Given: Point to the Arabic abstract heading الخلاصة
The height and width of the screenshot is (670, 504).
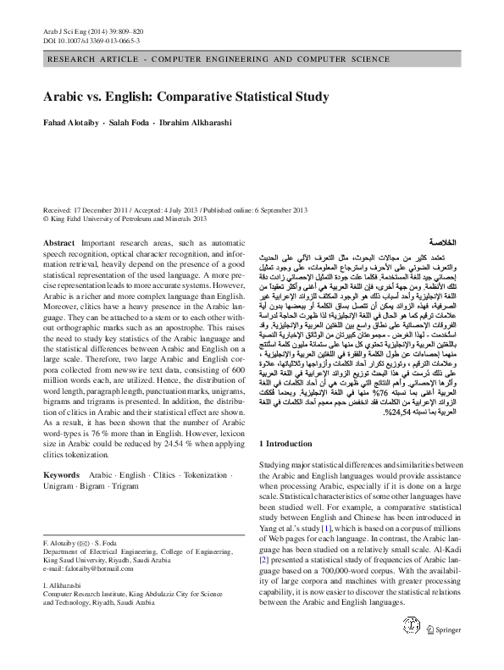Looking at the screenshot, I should point(445,241).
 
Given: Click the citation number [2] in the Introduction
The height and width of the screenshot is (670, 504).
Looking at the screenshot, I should point(263,561).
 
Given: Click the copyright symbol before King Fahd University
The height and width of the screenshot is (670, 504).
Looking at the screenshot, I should point(45,219).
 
